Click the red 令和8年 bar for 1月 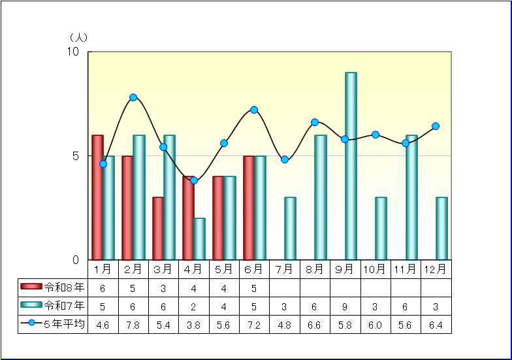[97, 197]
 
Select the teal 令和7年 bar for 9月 [351, 166]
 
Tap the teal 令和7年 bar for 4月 [200, 239]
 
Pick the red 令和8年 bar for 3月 [158, 229]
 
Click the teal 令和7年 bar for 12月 [441, 229]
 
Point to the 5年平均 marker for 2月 [133, 97]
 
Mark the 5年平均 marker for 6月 [254, 110]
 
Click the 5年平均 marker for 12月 [436, 126]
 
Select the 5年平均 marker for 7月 [285, 159]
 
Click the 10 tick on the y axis [73, 52]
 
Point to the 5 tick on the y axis [76, 156]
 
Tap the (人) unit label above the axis [78, 38]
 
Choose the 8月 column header [315, 269]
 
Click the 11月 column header [405, 269]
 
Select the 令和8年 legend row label [64, 287]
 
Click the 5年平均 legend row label [64, 324]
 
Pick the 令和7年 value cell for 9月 [345, 307]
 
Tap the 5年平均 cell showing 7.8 [133, 325]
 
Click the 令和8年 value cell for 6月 [254, 289]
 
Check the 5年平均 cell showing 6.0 [375, 325]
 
